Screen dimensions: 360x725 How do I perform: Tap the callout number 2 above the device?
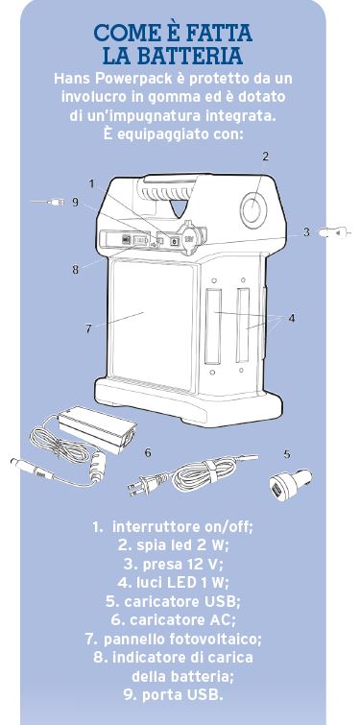coord(265,156)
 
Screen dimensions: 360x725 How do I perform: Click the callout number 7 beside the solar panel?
coord(88,328)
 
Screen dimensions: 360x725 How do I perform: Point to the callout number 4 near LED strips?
coord(292,318)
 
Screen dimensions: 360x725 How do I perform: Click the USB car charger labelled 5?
coord(290,485)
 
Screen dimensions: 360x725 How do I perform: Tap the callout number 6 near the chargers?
coord(148,452)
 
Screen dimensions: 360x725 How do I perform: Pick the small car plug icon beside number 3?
coord(332,232)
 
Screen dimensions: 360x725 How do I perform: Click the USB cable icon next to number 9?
coord(48,202)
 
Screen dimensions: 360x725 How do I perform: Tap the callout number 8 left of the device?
coord(75,270)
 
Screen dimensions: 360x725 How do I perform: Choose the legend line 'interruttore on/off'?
coord(173,526)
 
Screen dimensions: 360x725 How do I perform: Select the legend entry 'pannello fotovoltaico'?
coord(174,640)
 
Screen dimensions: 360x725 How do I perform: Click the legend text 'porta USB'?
coord(174,695)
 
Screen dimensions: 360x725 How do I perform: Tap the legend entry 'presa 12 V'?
coord(174,565)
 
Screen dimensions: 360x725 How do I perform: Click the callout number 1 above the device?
coord(91,183)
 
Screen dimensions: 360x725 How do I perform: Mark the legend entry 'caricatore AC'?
coord(174,620)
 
